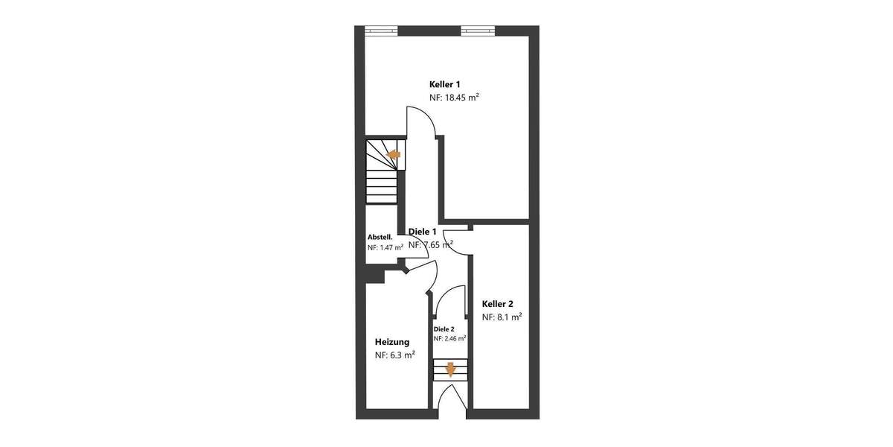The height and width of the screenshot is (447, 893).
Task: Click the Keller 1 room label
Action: (444, 84)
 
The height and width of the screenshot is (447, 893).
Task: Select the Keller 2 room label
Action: (497, 304)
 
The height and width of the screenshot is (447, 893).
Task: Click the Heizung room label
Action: (391, 342)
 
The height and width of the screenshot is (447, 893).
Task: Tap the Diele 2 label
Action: (444, 329)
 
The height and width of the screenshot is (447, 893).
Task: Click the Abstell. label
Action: (380, 238)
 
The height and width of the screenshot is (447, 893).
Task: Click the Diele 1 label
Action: (423, 232)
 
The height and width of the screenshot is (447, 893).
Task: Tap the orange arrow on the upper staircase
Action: (394, 154)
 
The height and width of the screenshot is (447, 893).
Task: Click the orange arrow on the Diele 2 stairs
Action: (450, 369)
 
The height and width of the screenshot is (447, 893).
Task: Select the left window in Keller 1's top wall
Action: (382, 31)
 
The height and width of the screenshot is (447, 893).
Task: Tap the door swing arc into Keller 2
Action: (458, 242)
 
